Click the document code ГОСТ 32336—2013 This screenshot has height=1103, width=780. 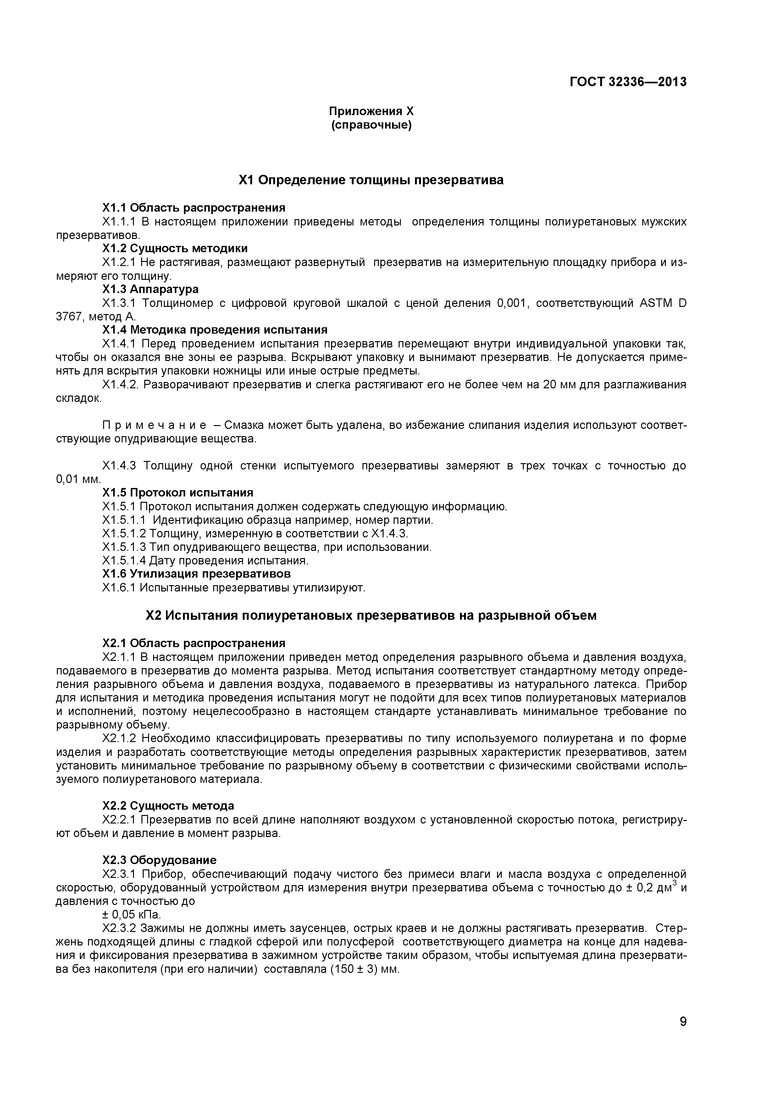coord(628,82)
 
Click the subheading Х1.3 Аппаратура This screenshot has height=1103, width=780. coord(150,289)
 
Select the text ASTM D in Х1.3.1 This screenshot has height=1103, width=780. coord(662,303)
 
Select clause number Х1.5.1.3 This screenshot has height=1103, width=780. coord(124,547)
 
